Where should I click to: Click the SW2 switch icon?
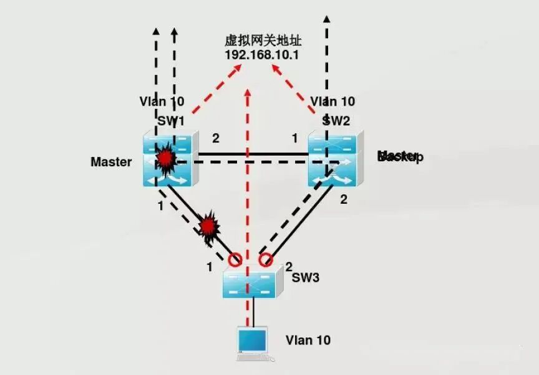click(334, 161)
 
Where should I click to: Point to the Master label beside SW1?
click(111, 162)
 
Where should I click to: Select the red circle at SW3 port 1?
click(235, 259)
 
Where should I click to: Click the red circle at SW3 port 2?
click(266, 259)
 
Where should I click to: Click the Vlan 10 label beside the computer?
click(308, 340)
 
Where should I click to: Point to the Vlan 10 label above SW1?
click(162, 101)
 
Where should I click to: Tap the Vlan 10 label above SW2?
click(333, 101)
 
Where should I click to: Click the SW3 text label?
click(306, 277)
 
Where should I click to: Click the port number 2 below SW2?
click(342, 199)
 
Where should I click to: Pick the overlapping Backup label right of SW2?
click(400, 156)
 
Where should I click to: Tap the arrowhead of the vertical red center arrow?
click(249, 92)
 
